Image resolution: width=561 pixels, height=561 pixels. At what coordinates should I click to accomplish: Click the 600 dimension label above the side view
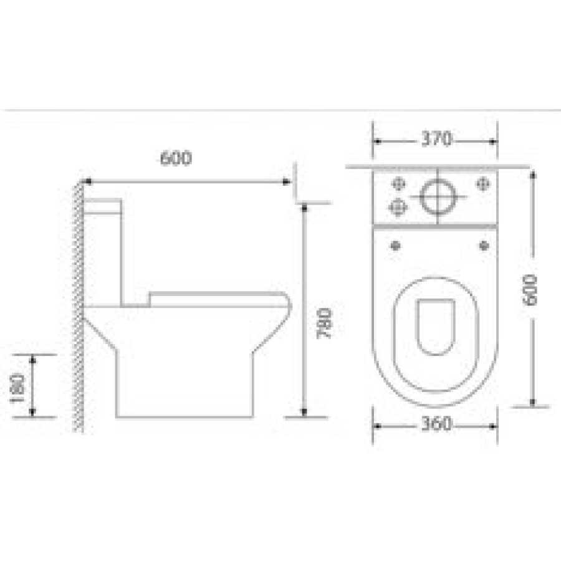click(176, 158)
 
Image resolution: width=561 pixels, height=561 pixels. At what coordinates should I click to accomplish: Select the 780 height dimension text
click(325, 324)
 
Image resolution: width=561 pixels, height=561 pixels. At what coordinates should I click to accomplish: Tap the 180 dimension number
click(17, 388)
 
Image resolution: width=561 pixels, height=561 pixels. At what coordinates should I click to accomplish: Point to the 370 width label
click(436, 139)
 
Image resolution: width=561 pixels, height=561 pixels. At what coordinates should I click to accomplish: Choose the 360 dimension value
click(436, 424)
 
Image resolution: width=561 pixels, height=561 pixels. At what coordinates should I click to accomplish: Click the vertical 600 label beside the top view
click(530, 290)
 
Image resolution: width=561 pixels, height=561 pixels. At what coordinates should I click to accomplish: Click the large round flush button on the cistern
click(438, 196)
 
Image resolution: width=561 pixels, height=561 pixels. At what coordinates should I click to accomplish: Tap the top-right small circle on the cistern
click(483, 184)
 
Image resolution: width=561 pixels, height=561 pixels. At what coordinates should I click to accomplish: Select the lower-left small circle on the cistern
click(398, 207)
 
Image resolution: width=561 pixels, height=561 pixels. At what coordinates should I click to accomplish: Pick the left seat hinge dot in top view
click(395, 246)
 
